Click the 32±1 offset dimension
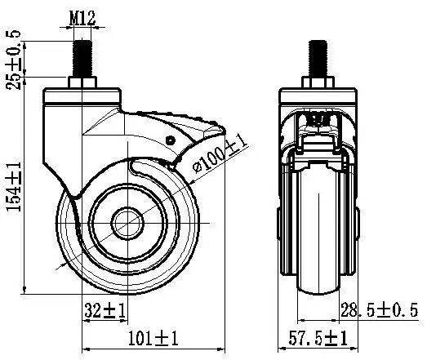coord(103,310)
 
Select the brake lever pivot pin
coord(171,140)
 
